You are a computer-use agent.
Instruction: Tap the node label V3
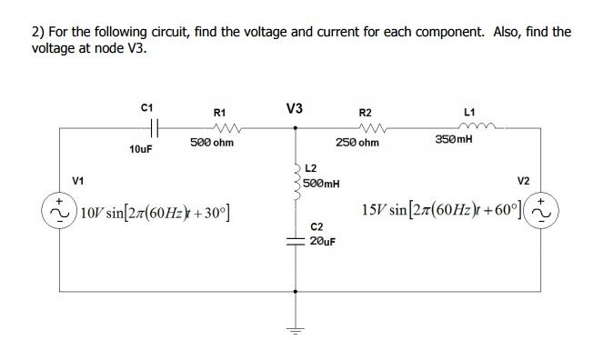point(295,107)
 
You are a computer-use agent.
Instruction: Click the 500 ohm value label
point(212,144)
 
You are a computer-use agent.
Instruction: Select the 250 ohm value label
point(357,144)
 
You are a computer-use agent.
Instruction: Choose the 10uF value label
point(141,148)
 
